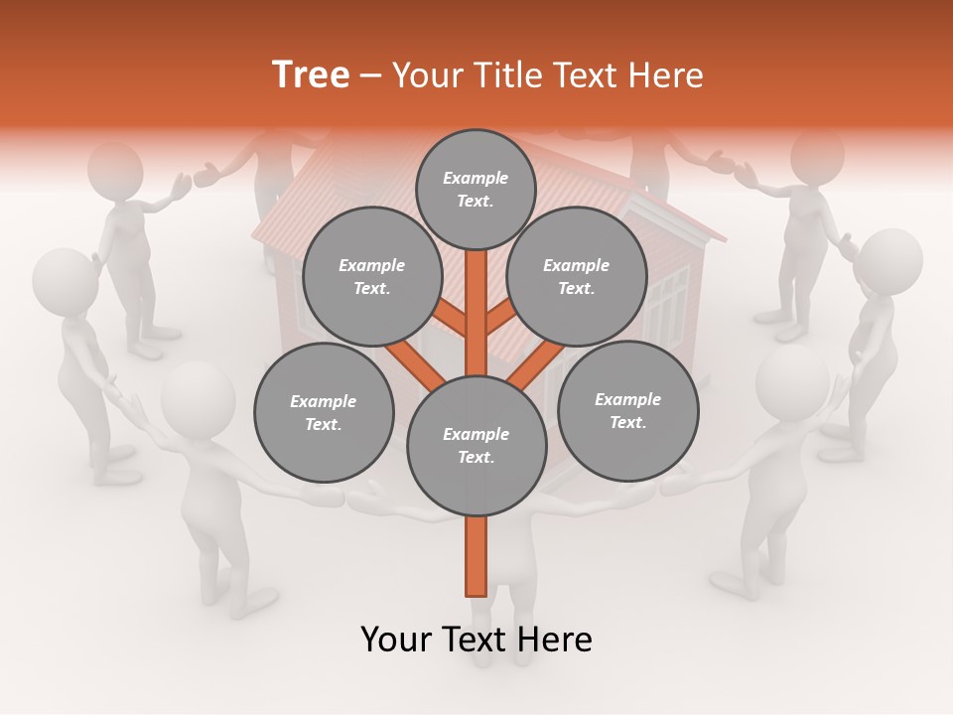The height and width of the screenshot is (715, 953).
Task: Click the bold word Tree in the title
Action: click(x=311, y=75)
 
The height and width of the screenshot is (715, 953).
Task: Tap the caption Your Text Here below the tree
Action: click(x=476, y=640)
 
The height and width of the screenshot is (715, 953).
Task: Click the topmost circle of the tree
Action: click(x=476, y=189)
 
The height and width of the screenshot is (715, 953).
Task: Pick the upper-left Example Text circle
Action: click(x=372, y=276)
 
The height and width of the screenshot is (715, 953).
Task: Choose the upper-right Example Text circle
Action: click(x=577, y=276)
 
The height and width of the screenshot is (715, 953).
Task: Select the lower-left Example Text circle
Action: click(x=324, y=412)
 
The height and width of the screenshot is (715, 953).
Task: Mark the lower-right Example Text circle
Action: click(x=627, y=410)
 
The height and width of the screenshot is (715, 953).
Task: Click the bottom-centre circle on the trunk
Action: click(x=476, y=446)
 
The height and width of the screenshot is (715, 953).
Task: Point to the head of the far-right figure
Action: click(x=888, y=260)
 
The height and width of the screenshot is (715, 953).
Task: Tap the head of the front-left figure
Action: click(x=198, y=396)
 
